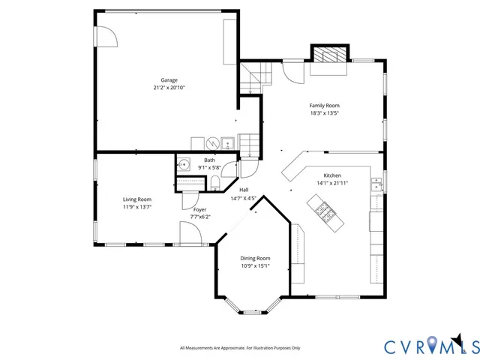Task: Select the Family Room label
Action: click(x=325, y=106)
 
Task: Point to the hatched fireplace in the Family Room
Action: click(x=329, y=55)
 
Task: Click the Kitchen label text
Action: click(x=332, y=174)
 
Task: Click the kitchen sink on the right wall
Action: click(x=377, y=182)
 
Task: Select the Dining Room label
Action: click(x=255, y=258)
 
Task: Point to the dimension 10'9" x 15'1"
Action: click(x=255, y=265)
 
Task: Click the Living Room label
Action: click(x=137, y=199)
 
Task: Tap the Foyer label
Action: click(x=200, y=209)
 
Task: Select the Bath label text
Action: click(x=209, y=160)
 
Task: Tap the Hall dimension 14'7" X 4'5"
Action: click(x=244, y=198)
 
